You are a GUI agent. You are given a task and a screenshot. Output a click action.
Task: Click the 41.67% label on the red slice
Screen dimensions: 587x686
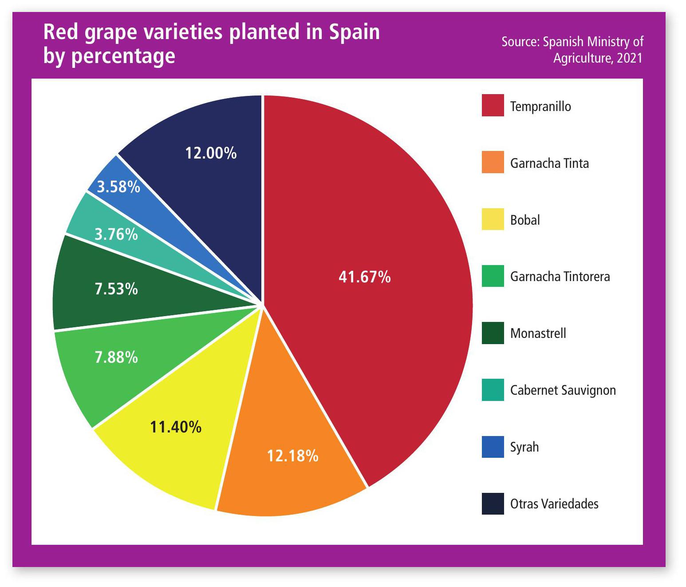pyautogui.click(x=364, y=277)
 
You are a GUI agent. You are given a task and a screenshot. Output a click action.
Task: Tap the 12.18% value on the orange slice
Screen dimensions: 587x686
pyautogui.click(x=292, y=456)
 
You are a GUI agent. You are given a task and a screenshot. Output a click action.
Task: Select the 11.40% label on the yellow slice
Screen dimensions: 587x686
pyautogui.click(x=176, y=427)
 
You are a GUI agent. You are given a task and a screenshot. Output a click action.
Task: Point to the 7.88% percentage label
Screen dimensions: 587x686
pyautogui.click(x=116, y=357)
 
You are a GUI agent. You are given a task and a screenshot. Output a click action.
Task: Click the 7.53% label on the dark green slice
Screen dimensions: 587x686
pyautogui.click(x=116, y=289)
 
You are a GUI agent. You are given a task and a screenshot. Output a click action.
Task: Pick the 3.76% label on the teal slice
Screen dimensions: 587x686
pyautogui.click(x=116, y=234)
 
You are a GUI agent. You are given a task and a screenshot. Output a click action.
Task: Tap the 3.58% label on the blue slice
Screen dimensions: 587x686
pyautogui.click(x=118, y=187)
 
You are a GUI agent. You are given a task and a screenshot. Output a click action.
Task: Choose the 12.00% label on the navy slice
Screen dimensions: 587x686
pyautogui.click(x=211, y=153)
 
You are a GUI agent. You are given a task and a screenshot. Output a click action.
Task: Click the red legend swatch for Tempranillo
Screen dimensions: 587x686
pyautogui.click(x=493, y=106)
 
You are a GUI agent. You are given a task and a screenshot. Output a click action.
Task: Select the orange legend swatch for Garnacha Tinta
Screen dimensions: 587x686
pyautogui.click(x=493, y=162)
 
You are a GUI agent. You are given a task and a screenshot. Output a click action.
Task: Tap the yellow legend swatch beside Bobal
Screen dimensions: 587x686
pyautogui.click(x=493, y=219)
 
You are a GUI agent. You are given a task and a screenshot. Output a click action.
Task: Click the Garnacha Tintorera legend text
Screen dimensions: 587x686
pyautogui.click(x=560, y=277)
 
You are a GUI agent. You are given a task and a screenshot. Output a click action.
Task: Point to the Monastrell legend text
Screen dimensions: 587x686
pyautogui.click(x=538, y=333)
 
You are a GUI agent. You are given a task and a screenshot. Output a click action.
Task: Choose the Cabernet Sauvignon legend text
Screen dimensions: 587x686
pyautogui.click(x=563, y=390)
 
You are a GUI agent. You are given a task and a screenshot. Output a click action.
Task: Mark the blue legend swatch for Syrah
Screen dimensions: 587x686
pyautogui.click(x=493, y=447)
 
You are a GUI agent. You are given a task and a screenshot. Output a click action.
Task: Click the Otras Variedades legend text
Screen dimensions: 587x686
pyautogui.click(x=554, y=504)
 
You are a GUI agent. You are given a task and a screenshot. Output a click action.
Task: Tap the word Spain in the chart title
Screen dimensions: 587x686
pyautogui.click(x=354, y=32)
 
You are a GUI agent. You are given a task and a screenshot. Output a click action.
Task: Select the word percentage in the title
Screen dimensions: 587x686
pyautogui.click(x=123, y=56)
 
